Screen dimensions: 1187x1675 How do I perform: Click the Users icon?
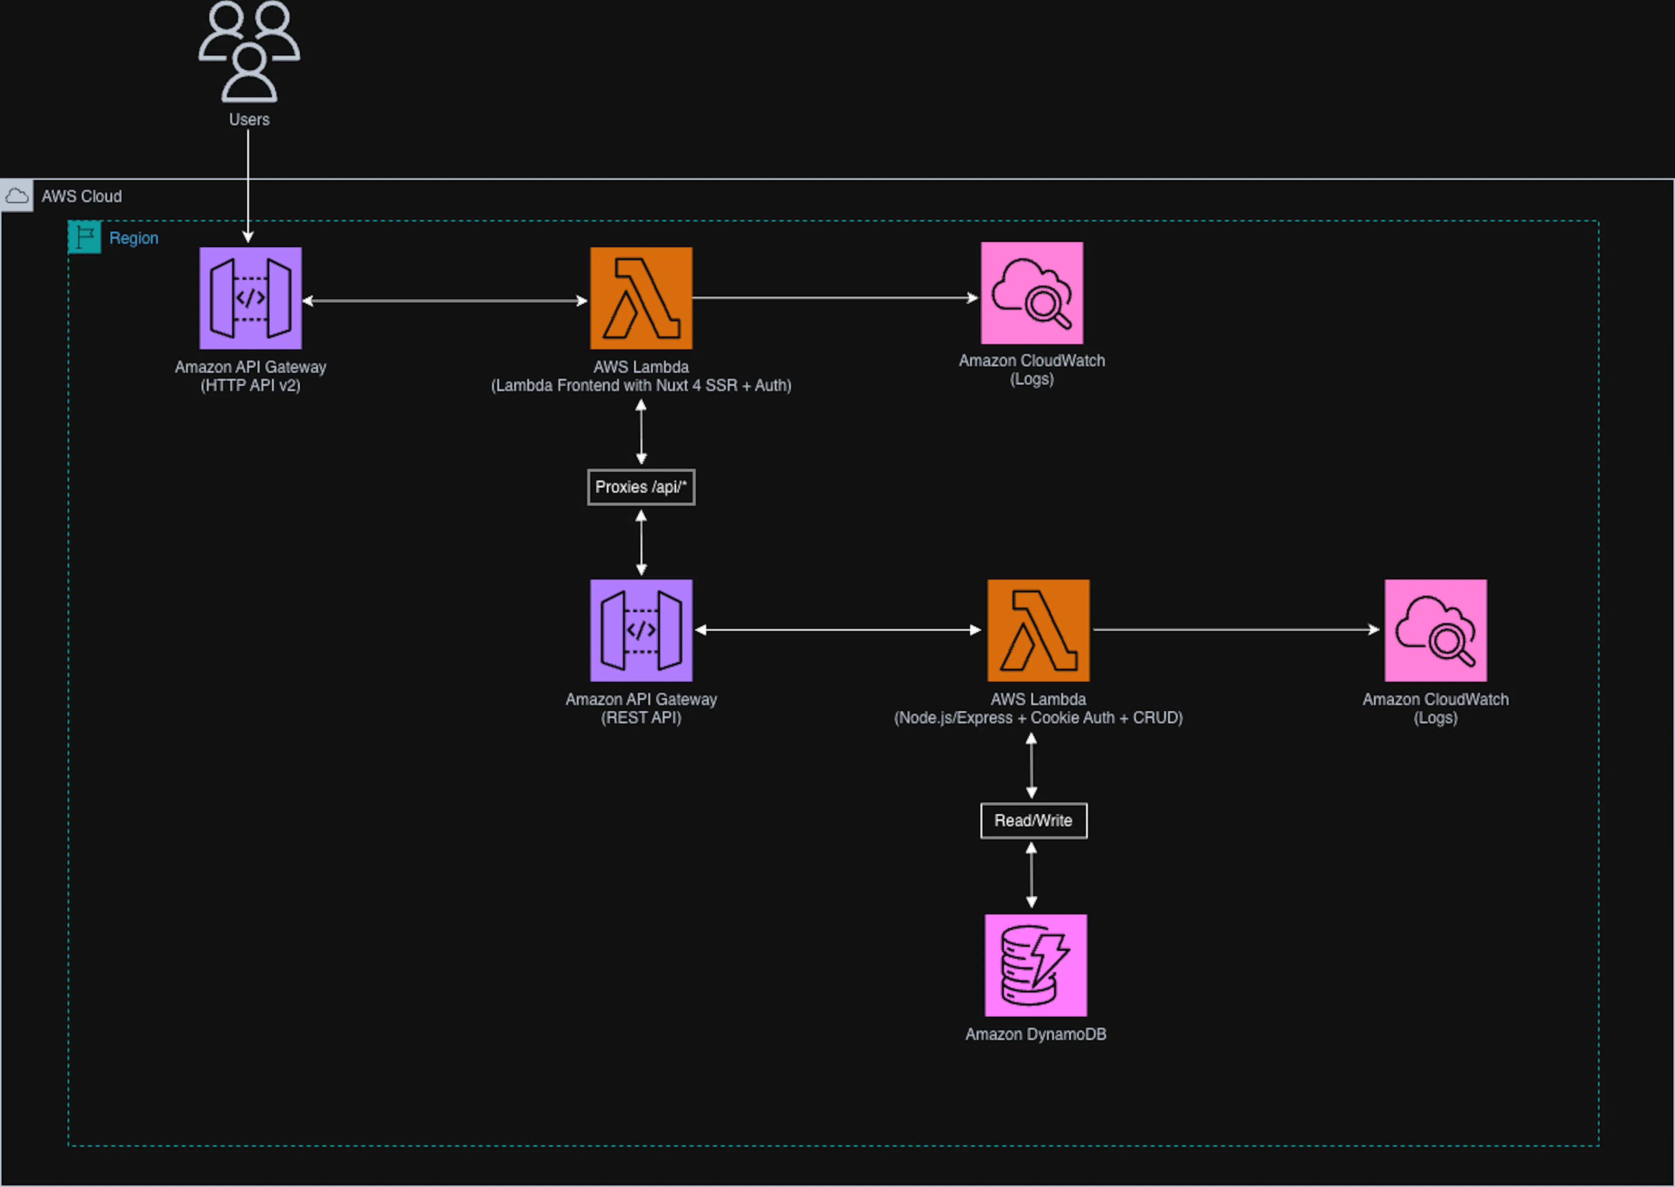point(249,51)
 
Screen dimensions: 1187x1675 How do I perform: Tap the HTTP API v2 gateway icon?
point(250,298)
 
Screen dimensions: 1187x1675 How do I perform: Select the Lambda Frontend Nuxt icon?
point(641,298)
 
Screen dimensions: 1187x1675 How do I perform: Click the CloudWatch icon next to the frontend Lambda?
point(1032,293)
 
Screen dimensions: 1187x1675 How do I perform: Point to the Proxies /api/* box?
point(641,487)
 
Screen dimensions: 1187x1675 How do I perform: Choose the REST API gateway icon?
point(641,630)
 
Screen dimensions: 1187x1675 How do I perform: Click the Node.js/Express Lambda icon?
point(1038,630)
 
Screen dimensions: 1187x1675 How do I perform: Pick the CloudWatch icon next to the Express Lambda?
point(1436,630)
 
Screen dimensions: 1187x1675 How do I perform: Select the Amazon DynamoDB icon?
point(1035,965)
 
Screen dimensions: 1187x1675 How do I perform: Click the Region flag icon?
point(85,237)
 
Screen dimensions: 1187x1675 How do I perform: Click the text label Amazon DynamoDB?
point(1035,1034)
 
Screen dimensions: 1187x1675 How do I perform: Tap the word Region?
point(133,238)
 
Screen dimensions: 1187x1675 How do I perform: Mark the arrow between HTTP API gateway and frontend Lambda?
point(446,300)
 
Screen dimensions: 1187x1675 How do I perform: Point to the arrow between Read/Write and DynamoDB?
point(1032,875)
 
